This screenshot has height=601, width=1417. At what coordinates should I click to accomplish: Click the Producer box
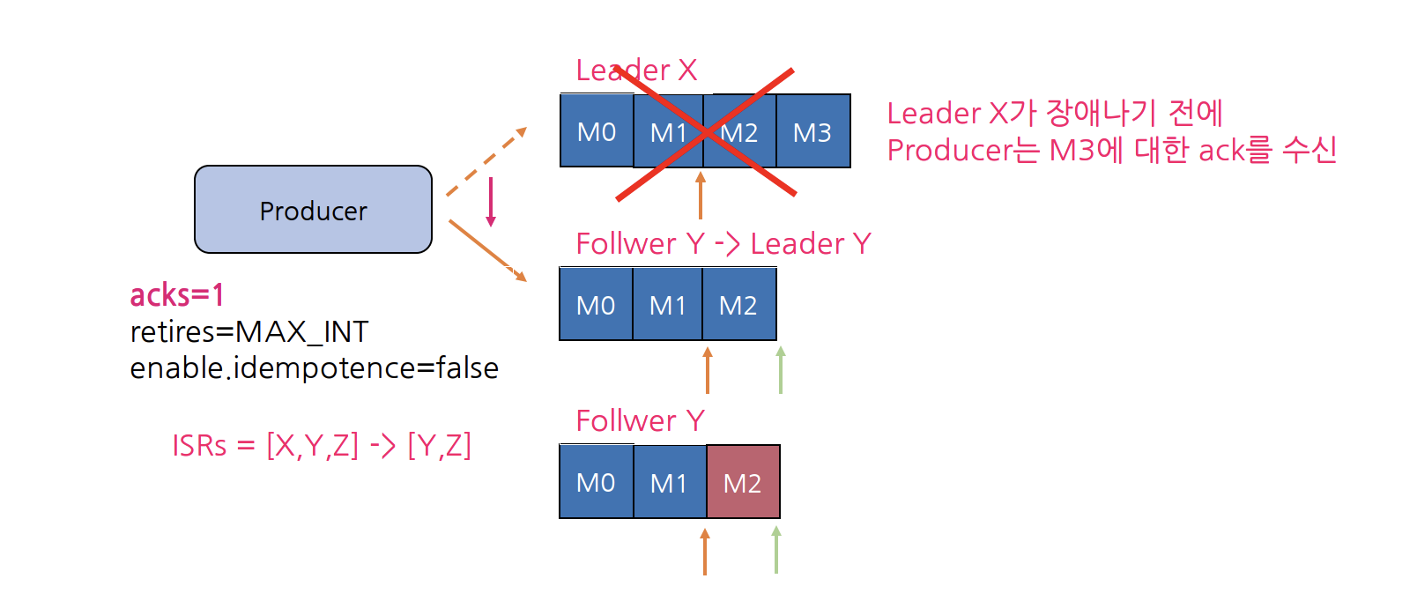(x=313, y=210)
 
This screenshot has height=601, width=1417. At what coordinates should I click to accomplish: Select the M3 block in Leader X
(x=812, y=131)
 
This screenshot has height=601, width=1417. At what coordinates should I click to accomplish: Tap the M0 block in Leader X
(x=597, y=131)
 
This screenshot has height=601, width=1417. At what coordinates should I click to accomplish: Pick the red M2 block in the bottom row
(x=743, y=482)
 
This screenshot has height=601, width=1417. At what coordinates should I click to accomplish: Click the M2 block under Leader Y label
(x=738, y=305)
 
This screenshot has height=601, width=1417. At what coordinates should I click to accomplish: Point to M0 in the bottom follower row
(x=596, y=482)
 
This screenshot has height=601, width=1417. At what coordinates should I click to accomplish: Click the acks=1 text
(x=177, y=294)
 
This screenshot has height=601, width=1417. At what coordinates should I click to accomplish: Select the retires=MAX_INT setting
(x=249, y=331)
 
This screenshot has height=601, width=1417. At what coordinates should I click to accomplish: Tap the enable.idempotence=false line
(x=314, y=367)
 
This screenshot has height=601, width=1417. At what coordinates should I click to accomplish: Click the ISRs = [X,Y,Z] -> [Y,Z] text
(x=322, y=445)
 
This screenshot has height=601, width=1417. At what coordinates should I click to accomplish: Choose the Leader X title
(x=636, y=70)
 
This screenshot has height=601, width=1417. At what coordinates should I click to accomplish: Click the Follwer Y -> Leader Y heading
(x=723, y=243)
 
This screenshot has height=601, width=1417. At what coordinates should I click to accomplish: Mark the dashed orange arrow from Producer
(x=486, y=161)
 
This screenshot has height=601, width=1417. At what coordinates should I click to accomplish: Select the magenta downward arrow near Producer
(x=491, y=201)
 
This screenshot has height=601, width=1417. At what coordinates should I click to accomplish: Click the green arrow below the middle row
(x=781, y=370)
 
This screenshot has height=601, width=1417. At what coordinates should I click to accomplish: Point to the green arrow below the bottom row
(x=776, y=550)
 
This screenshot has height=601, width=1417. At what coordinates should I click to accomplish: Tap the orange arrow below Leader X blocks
(x=701, y=195)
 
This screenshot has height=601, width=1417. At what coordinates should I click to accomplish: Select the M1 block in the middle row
(x=667, y=305)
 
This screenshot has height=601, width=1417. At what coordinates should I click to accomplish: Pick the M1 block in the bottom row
(x=669, y=482)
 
